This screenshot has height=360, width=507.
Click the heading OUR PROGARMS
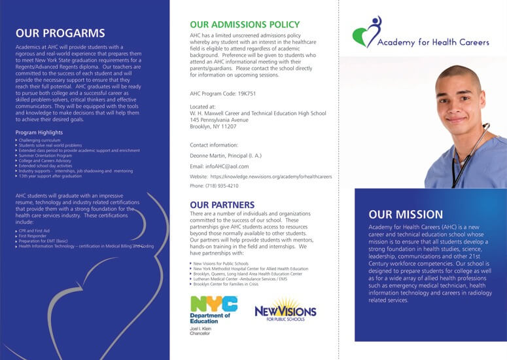coord(60,33)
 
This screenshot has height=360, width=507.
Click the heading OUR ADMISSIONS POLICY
coord(245,25)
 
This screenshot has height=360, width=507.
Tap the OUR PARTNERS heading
coord(222,204)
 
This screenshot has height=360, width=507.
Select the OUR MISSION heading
coord(406,214)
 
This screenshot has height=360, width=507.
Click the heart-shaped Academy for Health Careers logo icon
coord(366,33)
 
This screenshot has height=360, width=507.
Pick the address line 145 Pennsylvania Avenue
coord(219,120)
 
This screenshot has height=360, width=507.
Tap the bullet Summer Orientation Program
coord(46,155)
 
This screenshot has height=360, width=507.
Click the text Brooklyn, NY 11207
coord(213,126)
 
